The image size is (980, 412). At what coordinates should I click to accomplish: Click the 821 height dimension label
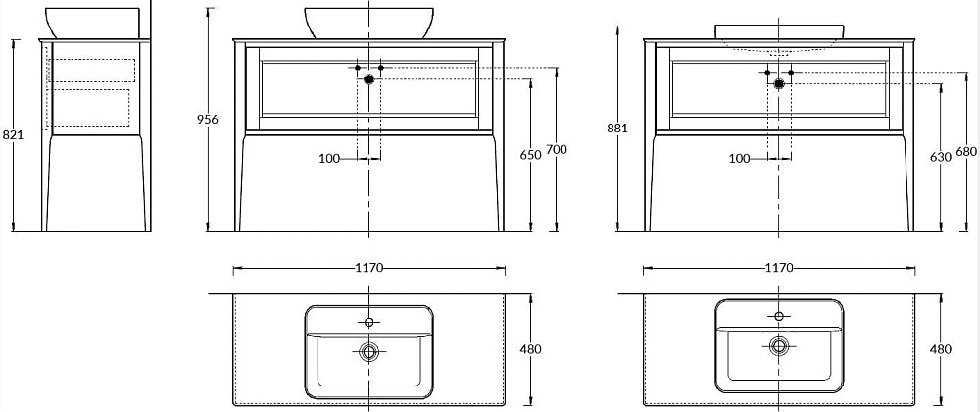coord(13,134)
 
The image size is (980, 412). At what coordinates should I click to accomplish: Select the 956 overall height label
coord(208,120)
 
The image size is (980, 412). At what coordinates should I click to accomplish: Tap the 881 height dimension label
coord(617,129)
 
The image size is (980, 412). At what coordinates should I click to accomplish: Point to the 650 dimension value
coord(530,155)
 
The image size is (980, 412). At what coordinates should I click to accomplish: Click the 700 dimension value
coord(557,149)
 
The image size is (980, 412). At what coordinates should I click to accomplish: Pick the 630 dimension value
coord(941,157)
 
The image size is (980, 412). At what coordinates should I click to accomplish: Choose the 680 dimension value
coord(966,152)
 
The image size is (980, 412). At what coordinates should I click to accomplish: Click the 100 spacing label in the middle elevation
coord(329,159)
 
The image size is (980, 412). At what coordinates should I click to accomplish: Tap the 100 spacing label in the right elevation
coord(739,159)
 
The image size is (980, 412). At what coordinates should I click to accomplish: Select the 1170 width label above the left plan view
coord(368,268)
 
